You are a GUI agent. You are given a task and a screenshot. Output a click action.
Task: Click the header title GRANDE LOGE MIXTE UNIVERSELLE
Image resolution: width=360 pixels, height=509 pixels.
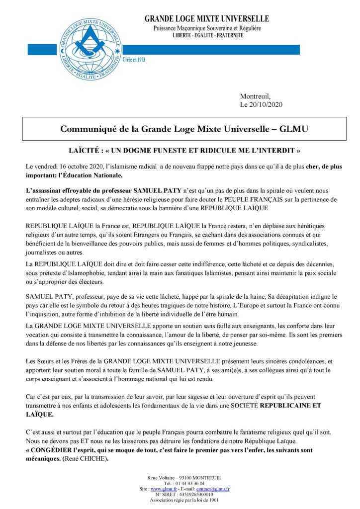(x=206, y=19)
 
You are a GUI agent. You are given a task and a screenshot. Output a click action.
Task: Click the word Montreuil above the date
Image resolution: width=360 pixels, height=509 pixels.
(x=255, y=96)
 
